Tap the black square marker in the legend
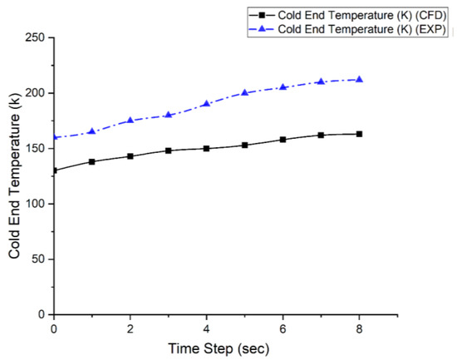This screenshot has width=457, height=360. pos(263,15)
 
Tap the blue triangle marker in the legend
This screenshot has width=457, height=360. pos(263,30)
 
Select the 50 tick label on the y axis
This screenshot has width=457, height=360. pos(38,259)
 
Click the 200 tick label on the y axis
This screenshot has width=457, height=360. pos(35,93)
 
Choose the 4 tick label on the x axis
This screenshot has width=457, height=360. pos(206,328)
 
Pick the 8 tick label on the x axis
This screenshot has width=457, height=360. pos(359,328)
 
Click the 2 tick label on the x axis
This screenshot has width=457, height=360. pos(130,328)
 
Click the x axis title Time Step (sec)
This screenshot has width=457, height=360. pos(206,348)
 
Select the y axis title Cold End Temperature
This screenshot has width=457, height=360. pos(14,176)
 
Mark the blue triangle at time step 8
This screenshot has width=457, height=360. pos(359,79)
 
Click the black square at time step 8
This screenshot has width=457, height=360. pos(359,134)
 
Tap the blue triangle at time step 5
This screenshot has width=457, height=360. pos(244,92)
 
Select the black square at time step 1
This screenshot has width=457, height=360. pos(91,161)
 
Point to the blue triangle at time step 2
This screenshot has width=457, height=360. pos(130,120)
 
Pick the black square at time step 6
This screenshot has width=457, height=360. pos(283,140)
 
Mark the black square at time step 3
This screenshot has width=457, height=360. pos(168,150)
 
